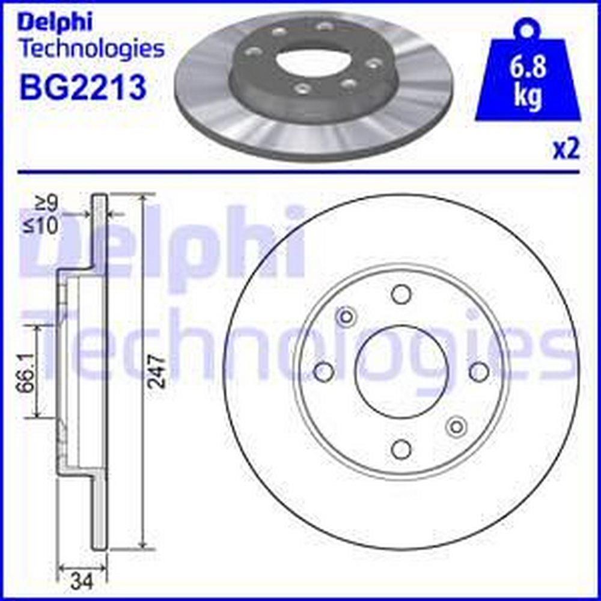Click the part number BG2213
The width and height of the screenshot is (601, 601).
[x=83, y=87]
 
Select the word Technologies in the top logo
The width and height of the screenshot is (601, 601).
[x=92, y=49]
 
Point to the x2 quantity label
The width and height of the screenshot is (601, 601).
[x=566, y=150]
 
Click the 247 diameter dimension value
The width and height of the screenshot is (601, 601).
[x=157, y=371]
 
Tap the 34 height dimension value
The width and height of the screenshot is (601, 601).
[x=82, y=582]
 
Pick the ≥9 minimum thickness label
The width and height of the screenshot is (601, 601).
[x=46, y=204]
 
